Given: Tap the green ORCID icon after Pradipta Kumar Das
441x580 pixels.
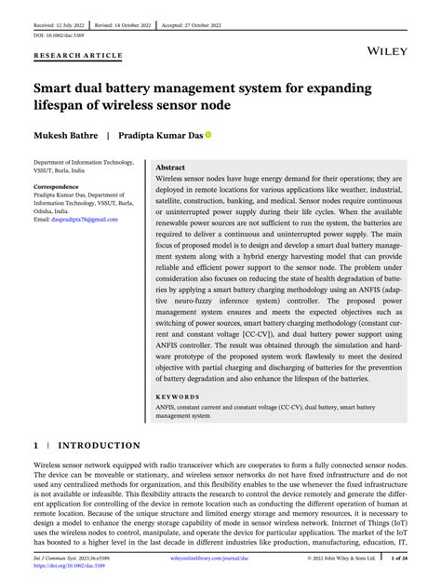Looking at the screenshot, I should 208,134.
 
